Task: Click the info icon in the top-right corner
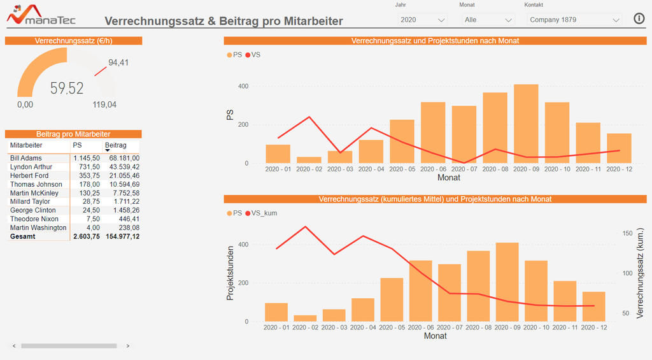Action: coord(639,18)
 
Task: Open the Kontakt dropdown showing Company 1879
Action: coord(574,20)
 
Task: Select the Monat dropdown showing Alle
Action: coord(488,20)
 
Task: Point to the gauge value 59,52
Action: coord(67,89)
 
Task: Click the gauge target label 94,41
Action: coord(118,62)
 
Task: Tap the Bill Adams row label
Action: coord(26,158)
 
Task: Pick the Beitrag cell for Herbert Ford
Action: coord(124,175)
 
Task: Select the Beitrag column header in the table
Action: coord(116,145)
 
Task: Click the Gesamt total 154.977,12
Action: coord(123,236)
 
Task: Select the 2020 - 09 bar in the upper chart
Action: coord(526,124)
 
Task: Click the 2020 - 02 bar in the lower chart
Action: coord(305,318)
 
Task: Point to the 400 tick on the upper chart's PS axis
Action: coord(243,86)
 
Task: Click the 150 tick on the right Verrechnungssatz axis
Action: coord(627,233)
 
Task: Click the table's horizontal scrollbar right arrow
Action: coord(128,346)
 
